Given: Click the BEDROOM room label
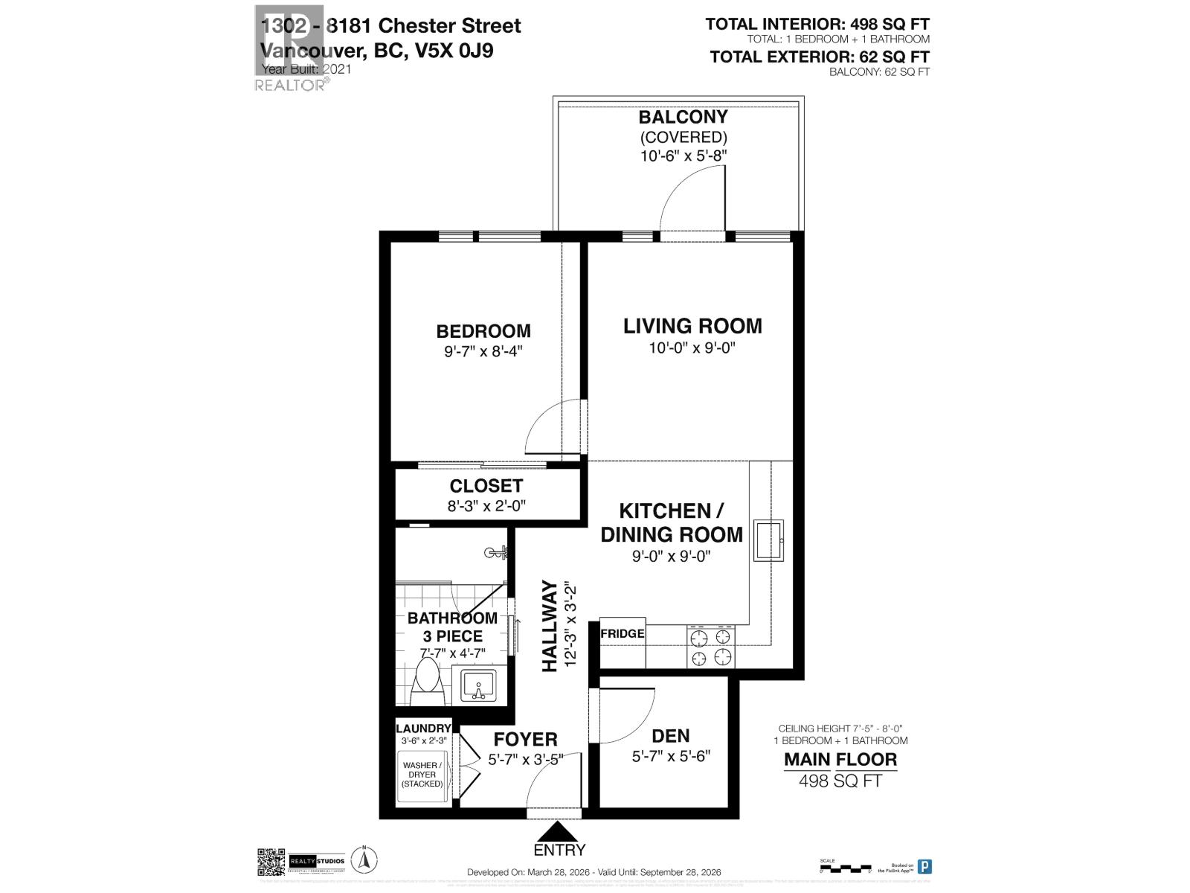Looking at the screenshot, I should [483, 331].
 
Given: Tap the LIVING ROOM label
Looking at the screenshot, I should [692, 326].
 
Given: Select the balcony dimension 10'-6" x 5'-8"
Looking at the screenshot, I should [683, 156].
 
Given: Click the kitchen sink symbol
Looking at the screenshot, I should [768, 540].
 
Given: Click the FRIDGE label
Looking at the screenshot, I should [622, 634].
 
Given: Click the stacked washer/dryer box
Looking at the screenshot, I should [422, 777].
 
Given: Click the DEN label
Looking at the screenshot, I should [670, 736].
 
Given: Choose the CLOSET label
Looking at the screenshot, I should [486, 486].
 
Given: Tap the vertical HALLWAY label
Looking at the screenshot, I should [550, 627].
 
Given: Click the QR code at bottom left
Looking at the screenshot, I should [271, 862].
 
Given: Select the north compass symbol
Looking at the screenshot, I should [365, 860].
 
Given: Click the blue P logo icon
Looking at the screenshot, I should [924, 866].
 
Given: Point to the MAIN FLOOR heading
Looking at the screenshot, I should [840, 760].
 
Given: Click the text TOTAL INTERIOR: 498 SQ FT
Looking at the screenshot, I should [817, 25].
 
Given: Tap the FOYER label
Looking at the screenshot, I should [526, 740].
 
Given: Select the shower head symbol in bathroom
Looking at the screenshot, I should [495, 552].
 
